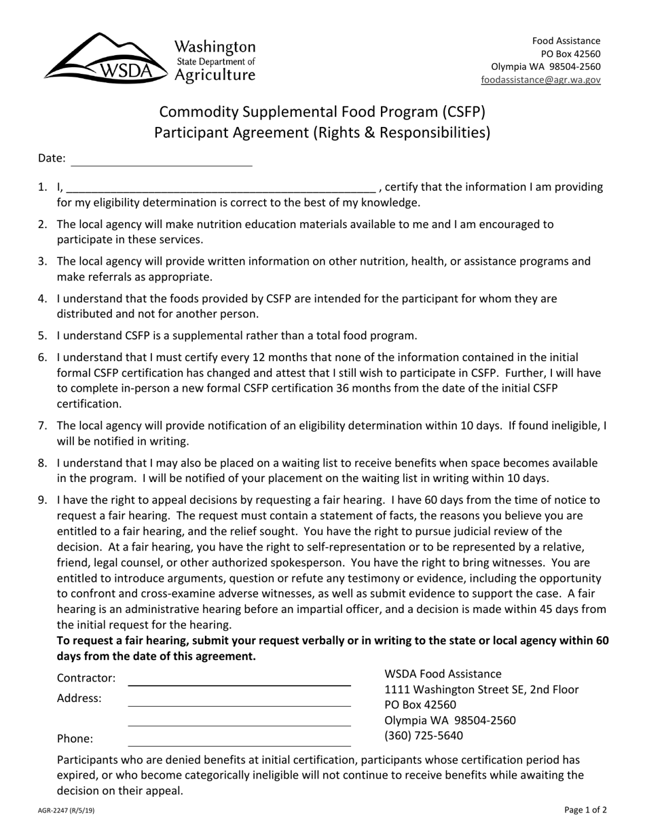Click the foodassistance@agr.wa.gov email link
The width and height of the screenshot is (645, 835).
pyautogui.click(x=540, y=79)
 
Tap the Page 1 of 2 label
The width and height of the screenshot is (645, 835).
pyautogui.click(x=585, y=809)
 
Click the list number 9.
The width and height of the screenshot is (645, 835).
pyautogui.click(x=43, y=500)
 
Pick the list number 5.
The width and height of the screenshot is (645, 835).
pyautogui.click(x=43, y=335)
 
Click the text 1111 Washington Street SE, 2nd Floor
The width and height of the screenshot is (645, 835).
pyautogui.click(x=481, y=690)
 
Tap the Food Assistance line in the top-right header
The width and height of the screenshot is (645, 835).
pyautogui.click(x=566, y=41)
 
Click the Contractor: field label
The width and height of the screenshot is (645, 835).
pyautogui.click(x=86, y=678)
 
